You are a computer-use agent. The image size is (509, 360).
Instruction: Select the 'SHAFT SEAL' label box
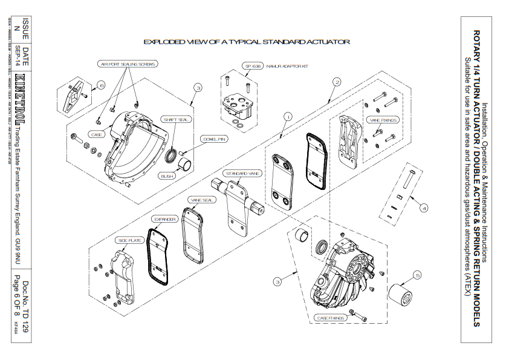tap(176, 120)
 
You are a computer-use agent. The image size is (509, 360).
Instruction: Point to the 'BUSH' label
tap(167, 176)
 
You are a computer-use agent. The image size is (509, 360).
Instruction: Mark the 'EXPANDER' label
tap(164, 219)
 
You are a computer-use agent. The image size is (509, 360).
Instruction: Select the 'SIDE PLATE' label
tap(129, 240)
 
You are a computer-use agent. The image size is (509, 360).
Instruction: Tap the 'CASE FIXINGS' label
tap(331, 317)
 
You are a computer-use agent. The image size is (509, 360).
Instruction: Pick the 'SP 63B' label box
tap(251, 66)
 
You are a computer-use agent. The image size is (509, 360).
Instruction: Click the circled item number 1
tap(288, 116)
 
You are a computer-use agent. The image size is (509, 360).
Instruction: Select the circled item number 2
tap(337, 82)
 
